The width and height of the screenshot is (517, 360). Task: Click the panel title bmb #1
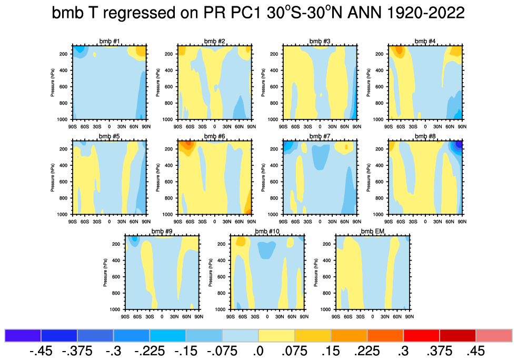point(110,41)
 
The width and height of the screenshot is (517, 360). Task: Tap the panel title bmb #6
point(215,136)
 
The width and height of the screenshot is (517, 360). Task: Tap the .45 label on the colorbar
point(474,351)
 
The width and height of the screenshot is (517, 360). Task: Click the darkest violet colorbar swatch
point(23,335)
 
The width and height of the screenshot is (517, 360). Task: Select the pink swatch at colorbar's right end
point(494,335)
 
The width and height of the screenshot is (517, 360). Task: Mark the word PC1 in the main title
point(235,14)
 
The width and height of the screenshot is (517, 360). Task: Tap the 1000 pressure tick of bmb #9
point(118,309)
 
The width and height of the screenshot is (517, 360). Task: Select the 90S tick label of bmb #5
point(73,219)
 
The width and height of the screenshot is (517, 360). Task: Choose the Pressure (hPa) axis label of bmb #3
point(263,83)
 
